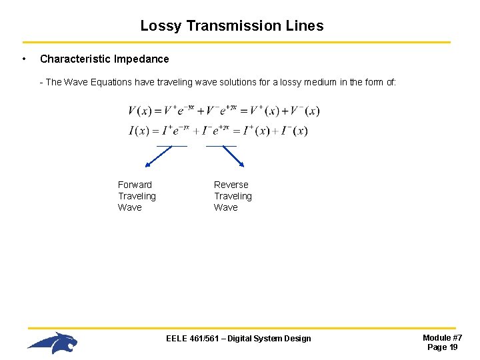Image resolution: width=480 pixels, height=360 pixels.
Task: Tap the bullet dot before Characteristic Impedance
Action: pos(24,59)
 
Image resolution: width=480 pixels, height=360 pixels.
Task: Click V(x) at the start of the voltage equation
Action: pos(140,111)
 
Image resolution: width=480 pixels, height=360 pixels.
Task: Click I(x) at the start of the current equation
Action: pos(138,131)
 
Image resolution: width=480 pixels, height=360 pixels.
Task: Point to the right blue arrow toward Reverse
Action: pos(233,156)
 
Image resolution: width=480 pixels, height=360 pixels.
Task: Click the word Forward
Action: pos(135,185)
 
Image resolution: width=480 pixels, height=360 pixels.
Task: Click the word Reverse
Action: pos(231,185)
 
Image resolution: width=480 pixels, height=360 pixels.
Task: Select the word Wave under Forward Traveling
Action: pos(130,207)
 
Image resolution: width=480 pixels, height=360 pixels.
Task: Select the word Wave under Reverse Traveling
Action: pos(226,207)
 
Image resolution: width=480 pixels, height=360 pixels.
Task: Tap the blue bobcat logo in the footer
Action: pos(53,343)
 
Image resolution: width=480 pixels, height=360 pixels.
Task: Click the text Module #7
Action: pos(442,338)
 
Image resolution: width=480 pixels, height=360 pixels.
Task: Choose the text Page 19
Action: pos(442,347)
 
